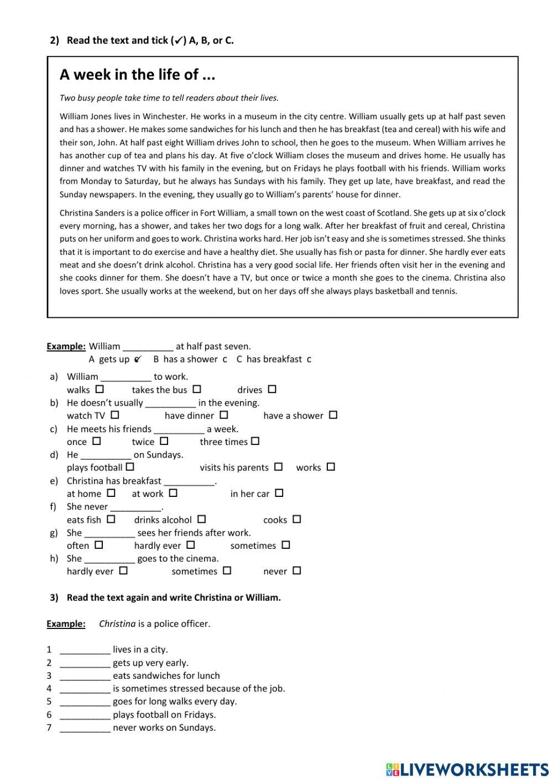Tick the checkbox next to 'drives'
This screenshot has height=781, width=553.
272,389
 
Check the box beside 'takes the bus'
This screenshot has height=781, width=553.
197,389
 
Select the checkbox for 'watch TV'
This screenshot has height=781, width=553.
114,415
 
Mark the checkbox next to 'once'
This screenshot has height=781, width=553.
97,441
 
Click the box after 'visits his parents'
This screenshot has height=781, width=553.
278,466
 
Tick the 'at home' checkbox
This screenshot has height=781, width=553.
111,492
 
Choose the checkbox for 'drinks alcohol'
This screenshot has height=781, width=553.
201,519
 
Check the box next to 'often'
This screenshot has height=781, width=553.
98,544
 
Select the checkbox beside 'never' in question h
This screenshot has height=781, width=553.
296,570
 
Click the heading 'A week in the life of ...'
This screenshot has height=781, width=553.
137,75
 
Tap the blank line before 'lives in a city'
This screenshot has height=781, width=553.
85,650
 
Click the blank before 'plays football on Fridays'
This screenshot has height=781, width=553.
85,715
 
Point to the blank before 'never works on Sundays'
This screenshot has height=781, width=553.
85,728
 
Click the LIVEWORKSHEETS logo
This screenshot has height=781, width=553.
467,769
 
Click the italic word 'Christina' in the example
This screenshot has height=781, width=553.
117,624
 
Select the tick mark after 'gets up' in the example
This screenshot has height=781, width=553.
138,359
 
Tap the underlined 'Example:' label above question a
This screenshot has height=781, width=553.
66,347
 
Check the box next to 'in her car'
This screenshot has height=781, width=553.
279,492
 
